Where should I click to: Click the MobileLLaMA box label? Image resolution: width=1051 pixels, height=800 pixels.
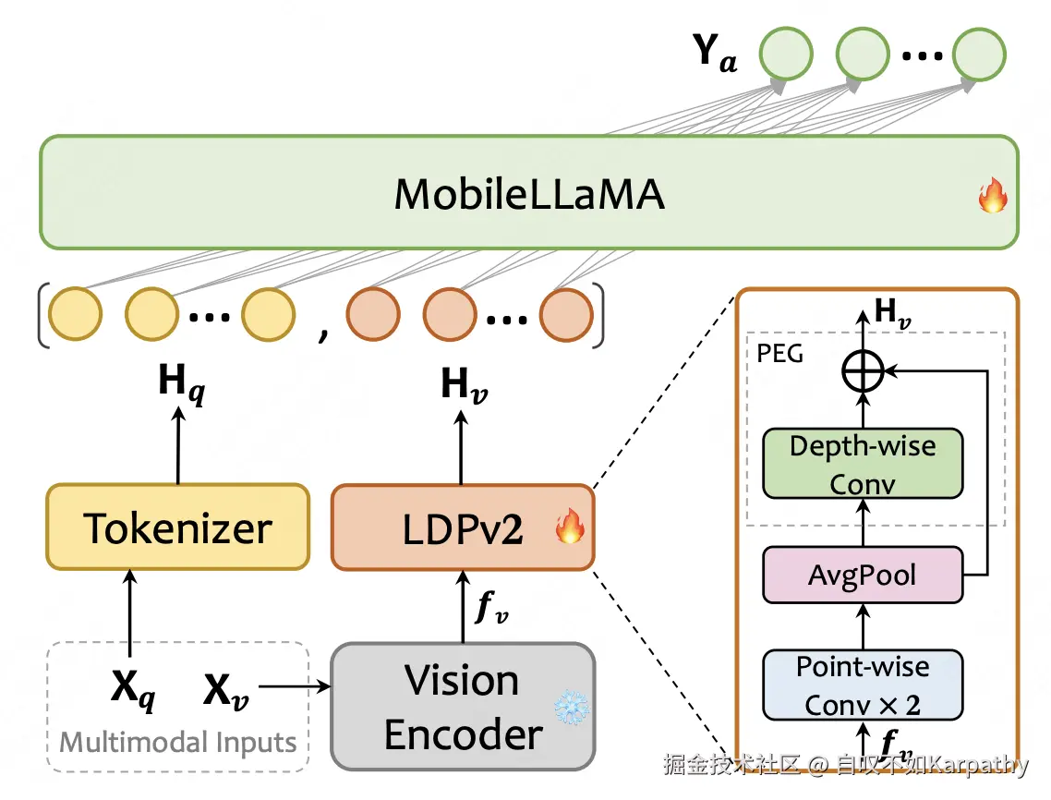point(529,195)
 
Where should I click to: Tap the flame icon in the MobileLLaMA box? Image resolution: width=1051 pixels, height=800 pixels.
point(993,197)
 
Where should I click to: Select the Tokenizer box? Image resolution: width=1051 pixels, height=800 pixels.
point(177,527)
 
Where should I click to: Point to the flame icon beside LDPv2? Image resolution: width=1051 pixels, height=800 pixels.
point(570,527)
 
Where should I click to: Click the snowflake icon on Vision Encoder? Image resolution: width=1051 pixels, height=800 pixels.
point(570,709)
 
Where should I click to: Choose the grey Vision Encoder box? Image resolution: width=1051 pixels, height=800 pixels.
point(463,708)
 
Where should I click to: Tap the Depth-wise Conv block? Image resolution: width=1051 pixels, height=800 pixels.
point(863,465)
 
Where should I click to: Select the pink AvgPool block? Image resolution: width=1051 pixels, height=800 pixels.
point(863,576)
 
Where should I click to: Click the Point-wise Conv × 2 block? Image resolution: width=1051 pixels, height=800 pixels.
point(863,685)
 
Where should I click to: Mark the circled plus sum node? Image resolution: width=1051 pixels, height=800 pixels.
point(863,372)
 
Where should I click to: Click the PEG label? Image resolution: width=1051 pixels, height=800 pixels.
point(779,353)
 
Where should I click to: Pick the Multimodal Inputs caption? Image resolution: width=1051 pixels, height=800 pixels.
point(178,743)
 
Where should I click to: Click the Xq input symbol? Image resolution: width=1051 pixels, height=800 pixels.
point(133,689)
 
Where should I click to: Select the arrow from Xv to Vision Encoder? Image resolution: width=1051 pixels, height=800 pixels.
point(294,687)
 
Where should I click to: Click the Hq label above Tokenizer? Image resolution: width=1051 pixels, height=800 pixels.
point(181,381)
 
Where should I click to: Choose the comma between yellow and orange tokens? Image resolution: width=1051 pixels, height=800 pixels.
point(322,333)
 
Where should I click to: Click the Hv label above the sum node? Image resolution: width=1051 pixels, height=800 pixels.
point(892,313)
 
